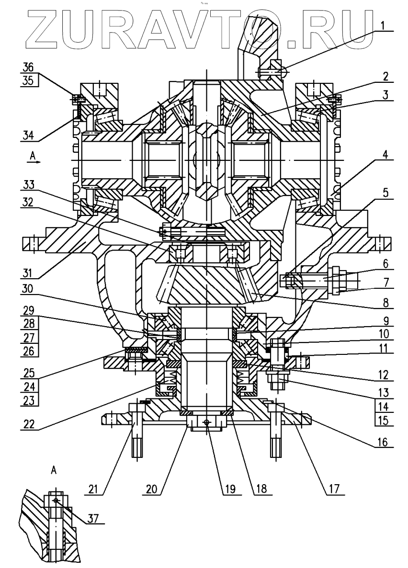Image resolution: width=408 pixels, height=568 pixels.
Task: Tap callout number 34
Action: point(30,136)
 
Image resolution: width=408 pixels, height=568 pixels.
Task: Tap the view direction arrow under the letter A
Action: point(34,162)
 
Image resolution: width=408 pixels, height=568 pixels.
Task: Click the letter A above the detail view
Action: point(54,471)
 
